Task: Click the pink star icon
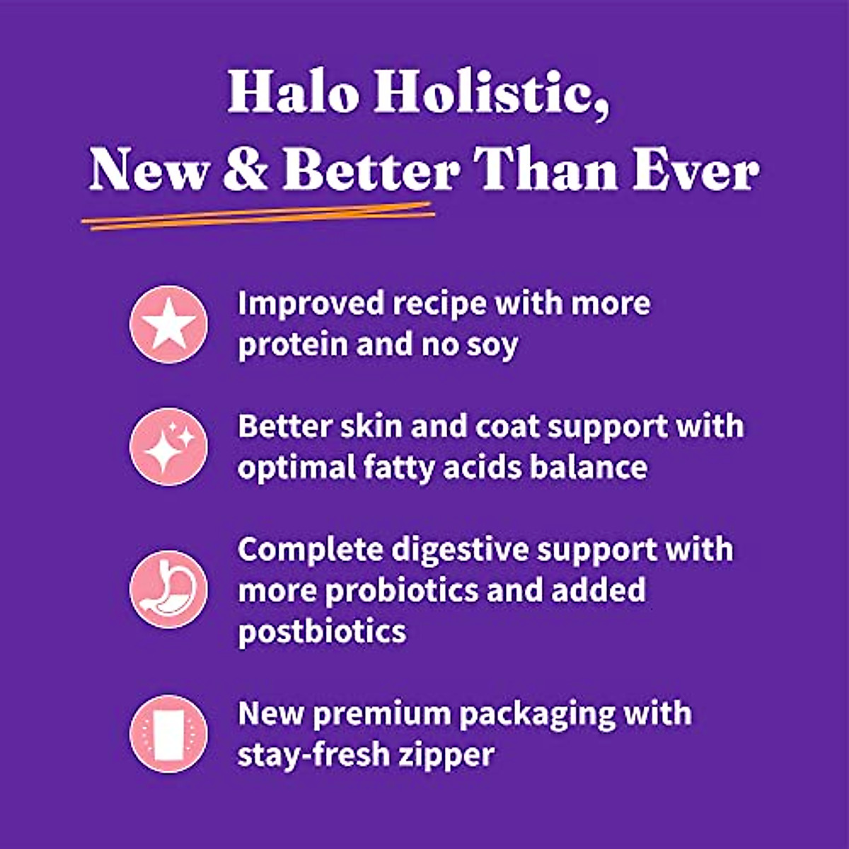tap(168, 325)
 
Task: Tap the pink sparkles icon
tap(168, 446)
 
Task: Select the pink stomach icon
tap(168, 589)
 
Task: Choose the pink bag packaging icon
tap(168, 733)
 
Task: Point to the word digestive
tap(460, 550)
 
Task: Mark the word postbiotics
tap(322, 631)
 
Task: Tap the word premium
tap(381, 714)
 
